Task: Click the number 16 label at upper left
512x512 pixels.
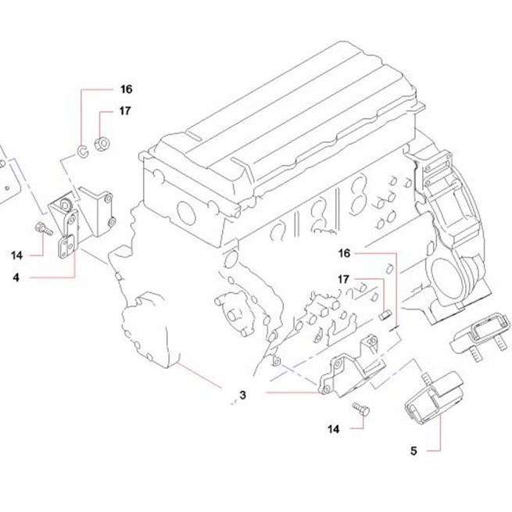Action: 127,89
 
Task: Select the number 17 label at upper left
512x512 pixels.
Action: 125,111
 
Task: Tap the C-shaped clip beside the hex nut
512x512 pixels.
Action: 82,151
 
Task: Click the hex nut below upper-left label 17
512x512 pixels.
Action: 102,144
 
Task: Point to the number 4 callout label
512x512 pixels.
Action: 16,277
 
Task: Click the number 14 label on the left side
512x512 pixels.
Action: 16,255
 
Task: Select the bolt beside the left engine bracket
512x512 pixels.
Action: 44,228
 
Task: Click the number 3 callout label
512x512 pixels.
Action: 242,395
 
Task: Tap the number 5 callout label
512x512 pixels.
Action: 414,451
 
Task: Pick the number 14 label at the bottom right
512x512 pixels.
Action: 334,428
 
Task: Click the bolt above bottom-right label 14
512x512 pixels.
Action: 361,409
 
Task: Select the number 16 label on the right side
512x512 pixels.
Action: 344,253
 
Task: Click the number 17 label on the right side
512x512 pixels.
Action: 343,280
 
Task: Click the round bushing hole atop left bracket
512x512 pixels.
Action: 66,205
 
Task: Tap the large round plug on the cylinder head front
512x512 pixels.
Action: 186,213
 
